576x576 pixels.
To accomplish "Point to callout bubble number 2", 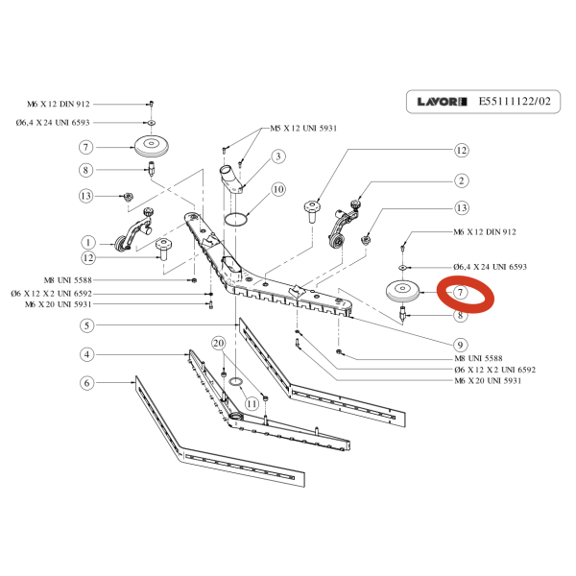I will [x=461, y=180].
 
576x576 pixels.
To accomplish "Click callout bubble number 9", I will [x=461, y=345].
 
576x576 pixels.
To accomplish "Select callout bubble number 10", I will [x=278, y=190].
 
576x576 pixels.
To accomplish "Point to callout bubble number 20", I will [x=218, y=343].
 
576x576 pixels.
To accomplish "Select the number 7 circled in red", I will [x=461, y=292].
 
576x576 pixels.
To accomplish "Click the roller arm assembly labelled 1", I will [x=132, y=234].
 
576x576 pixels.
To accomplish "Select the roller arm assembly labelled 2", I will [x=342, y=227].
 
